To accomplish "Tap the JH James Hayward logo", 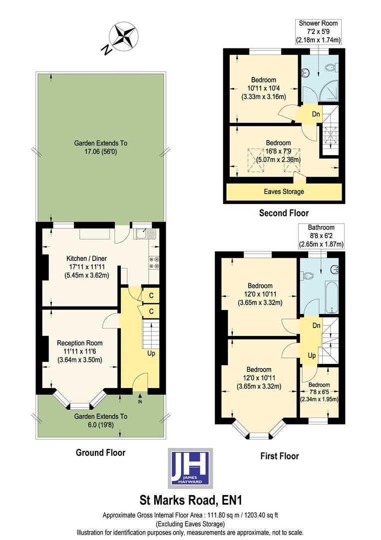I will tap(189, 468).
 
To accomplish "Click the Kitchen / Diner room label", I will tap(87, 266).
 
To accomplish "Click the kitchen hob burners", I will tap(154, 263).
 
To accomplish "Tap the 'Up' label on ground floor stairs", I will tap(150, 353).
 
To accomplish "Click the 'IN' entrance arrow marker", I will tap(140, 400).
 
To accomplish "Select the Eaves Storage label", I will tap(284, 191).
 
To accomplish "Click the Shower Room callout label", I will tap(318, 31).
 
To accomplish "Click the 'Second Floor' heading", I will tap(284, 213).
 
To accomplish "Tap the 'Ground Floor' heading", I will tap(100, 452).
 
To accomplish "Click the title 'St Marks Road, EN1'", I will tap(190, 500).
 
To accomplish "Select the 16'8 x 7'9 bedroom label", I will tap(278, 151).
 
